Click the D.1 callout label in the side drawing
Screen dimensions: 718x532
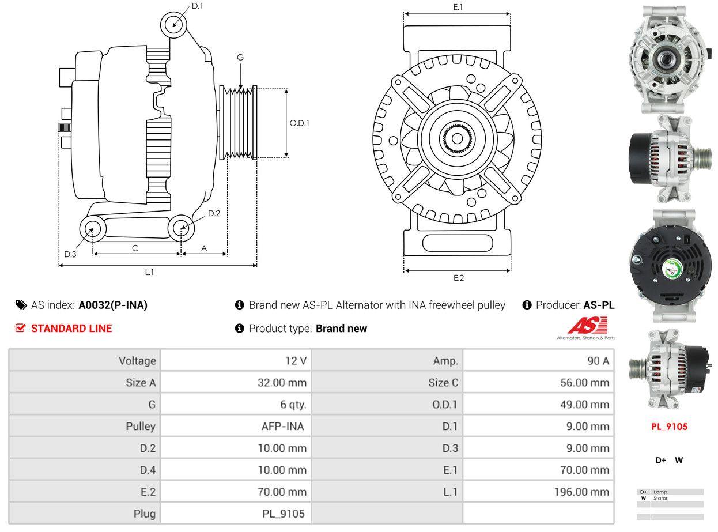(197, 6)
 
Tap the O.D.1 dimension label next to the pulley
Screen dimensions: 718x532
(299, 123)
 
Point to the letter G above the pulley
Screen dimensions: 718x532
(240, 57)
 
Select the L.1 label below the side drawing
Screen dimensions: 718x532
(149, 272)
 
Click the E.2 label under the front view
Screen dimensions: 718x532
(458, 278)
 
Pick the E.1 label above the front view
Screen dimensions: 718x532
(458, 7)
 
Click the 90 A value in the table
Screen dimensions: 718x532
(598, 361)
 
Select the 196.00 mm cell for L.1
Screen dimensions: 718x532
(581, 492)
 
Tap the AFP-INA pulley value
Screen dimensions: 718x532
(282, 426)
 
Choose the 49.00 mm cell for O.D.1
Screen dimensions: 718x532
(585, 405)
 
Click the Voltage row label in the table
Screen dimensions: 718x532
(137, 361)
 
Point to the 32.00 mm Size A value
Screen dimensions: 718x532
(282, 382)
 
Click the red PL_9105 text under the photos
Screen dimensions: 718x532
(669, 427)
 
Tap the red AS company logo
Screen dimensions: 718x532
(587, 326)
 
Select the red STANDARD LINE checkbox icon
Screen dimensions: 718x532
(20, 328)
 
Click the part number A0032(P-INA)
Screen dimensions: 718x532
(113, 305)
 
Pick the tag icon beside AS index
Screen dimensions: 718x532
(21, 305)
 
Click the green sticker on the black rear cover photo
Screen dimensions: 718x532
(673, 269)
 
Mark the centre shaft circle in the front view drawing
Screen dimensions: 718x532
(457, 139)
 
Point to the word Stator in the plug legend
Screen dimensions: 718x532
(660, 499)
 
